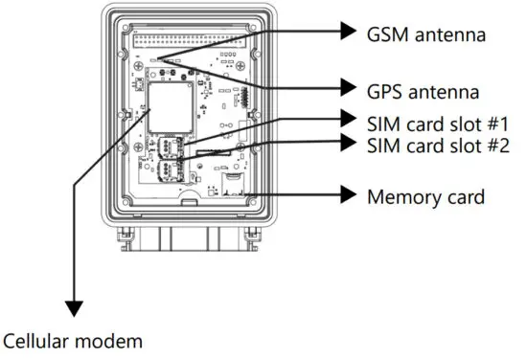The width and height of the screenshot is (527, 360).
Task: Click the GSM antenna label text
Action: (x=426, y=34)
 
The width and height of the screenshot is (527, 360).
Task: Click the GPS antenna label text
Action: (x=424, y=90)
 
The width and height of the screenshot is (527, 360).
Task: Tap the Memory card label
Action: (x=426, y=197)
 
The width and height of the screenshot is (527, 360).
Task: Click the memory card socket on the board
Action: (x=234, y=184)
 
